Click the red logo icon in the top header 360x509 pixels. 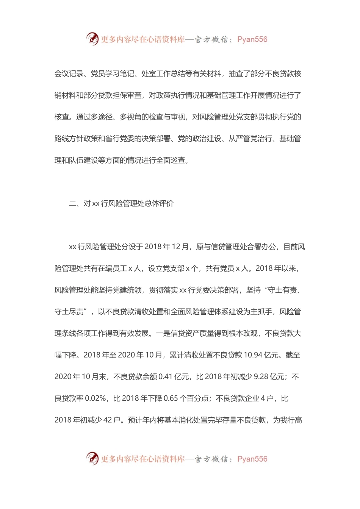pyautogui.click(x=92, y=39)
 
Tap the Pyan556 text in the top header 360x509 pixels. pyautogui.click(x=252, y=39)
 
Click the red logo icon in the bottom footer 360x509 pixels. pyautogui.click(x=92, y=458)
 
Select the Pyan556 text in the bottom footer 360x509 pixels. pyautogui.click(x=252, y=459)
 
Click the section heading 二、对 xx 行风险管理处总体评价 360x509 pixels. pyautogui.click(x=121, y=204)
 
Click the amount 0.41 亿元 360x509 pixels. pyautogui.click(x=174, y=377)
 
